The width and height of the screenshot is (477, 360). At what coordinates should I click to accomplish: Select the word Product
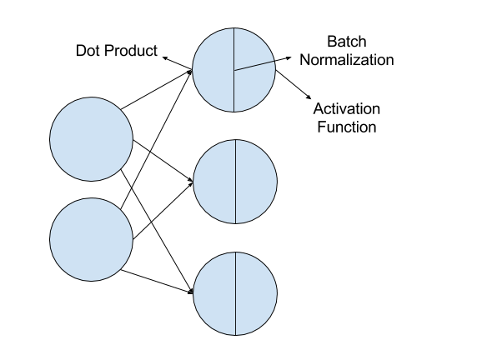[130, 51]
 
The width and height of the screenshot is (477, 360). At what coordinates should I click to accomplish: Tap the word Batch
[347, 42]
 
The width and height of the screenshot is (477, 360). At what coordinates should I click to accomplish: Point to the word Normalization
[347, 60]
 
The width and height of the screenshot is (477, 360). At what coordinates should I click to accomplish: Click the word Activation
[347, 108]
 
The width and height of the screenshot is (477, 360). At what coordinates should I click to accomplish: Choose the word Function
[347, 127]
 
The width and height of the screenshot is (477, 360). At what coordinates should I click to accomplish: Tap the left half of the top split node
[213, 70]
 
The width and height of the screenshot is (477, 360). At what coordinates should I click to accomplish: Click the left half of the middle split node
[214, 182]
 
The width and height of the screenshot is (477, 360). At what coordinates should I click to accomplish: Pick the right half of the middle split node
[257, 182]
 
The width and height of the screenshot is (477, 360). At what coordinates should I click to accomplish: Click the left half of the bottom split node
[214, 293]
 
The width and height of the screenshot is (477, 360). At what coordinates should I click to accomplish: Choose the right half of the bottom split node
[257, 293]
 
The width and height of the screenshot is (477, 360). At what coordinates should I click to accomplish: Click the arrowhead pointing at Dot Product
[165, 57]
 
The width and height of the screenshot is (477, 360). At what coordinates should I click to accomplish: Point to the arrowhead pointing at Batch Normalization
[289, 57]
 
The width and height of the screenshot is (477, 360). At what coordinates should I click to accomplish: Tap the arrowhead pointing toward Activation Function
[309, 97]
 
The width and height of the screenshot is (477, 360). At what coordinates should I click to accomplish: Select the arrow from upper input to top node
[157, 90]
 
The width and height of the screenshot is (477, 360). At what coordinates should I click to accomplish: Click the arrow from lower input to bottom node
[157, 282]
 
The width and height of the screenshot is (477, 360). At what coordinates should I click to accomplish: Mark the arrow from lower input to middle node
[163, 210]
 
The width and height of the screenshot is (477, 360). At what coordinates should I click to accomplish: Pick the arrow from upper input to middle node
[163, 161]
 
